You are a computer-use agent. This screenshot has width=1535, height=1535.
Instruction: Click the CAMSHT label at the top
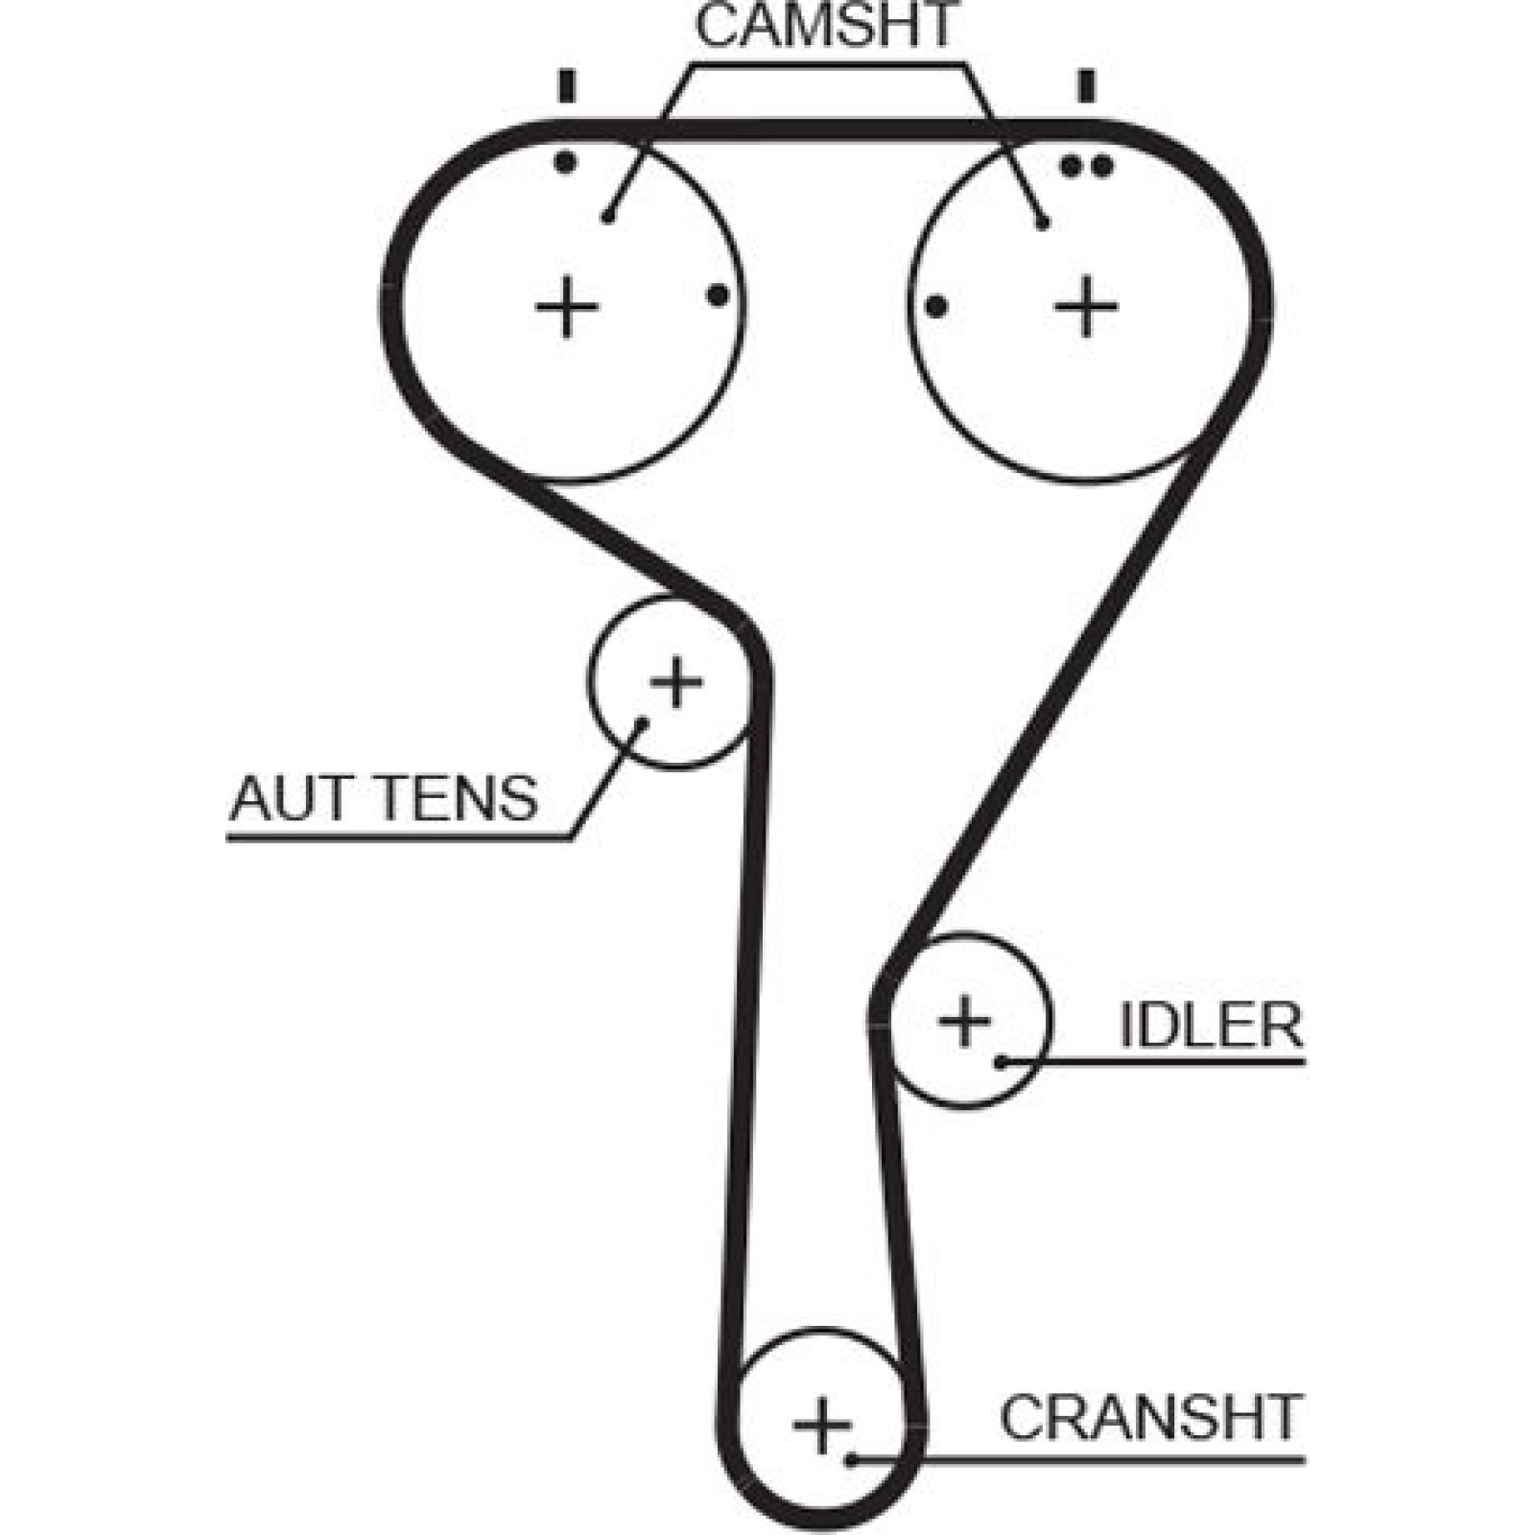pyautogui.click(x=826, y=26)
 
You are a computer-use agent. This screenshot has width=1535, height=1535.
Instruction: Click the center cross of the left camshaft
pyautogui.click(x=567, y=307)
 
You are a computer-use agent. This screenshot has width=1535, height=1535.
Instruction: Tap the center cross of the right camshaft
pyautogui.click(x=1086, y=307)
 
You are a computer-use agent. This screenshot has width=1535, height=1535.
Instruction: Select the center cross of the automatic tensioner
pyautogui.click(x=676, y=682)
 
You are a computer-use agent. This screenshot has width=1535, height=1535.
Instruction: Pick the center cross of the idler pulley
pyautogui.click(x=964, y=1020)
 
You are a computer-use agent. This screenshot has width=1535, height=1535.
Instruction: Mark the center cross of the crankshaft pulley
pyautogui.click(x=822, y=1425)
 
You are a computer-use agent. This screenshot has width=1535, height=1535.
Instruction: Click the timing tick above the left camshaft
pyautogui.click(x=567, y=86)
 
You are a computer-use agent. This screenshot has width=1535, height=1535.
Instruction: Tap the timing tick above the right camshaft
pyautogui.click(x=1086, y=86)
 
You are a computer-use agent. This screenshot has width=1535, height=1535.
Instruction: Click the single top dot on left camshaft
pyautogui.click(x=566, y=162)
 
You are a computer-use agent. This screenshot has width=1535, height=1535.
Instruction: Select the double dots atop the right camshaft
pyautogui.click(x=1086, y=167)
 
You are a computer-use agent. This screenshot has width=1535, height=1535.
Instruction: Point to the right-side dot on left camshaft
pyautogui.click(x=718, y=295)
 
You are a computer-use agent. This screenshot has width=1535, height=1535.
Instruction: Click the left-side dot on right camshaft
pyautogui.click(x=936, y=307)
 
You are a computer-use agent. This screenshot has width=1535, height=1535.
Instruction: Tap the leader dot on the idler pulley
pyautogui.click(x=1000, y=1062)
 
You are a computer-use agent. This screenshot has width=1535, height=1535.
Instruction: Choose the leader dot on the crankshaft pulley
pyautogui.click(x=851, y=1460)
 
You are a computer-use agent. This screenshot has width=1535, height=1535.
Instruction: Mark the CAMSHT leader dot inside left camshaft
pyautogui.click(x=606, y=218)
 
